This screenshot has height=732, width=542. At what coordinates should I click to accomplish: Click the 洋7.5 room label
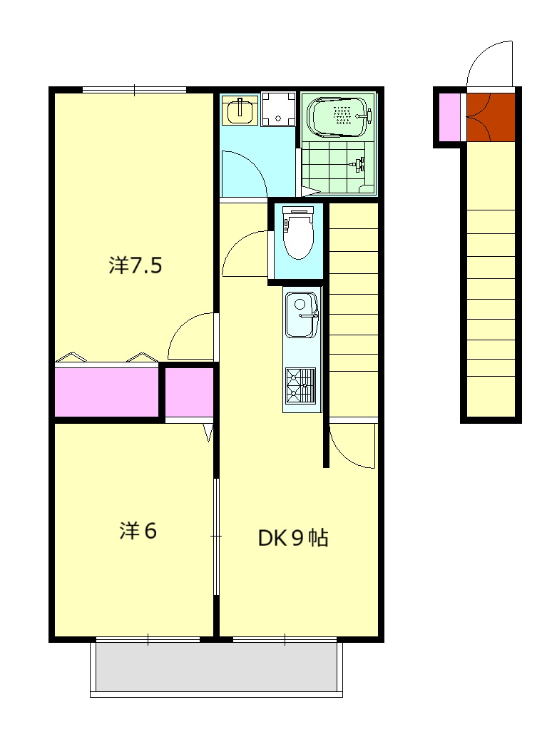[135, 265]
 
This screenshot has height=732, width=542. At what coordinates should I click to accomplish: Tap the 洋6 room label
[138, 531]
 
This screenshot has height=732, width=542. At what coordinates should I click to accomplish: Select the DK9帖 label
[293, 538]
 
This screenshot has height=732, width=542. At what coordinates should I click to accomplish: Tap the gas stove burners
[301, 385]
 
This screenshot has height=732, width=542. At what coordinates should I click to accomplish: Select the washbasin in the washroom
[240, 111]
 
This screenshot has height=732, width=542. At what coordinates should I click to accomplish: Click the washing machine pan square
[279, 109]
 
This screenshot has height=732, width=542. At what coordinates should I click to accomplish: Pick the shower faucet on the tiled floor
[359, 164]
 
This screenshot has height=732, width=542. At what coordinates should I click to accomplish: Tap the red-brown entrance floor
[491, 117]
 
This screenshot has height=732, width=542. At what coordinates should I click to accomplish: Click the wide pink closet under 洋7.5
[106, 392]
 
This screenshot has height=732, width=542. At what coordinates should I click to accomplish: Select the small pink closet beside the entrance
[450, 117]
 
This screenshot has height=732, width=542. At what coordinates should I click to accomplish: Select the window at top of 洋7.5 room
[135, 90]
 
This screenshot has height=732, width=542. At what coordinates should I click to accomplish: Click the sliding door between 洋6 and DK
[217, 537]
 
